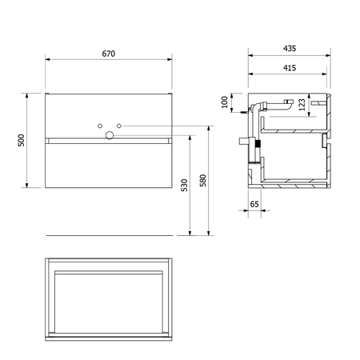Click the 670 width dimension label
click(109, 54)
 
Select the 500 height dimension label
click(21, 140)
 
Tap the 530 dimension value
click(184, 186)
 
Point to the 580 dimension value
click(203, 181)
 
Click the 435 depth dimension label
click(290, 48)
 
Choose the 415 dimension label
click(290, 68)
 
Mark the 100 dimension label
click(225, 102)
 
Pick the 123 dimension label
click(302, 105)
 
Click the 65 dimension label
click(254, 204)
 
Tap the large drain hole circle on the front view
click(110, 135)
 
